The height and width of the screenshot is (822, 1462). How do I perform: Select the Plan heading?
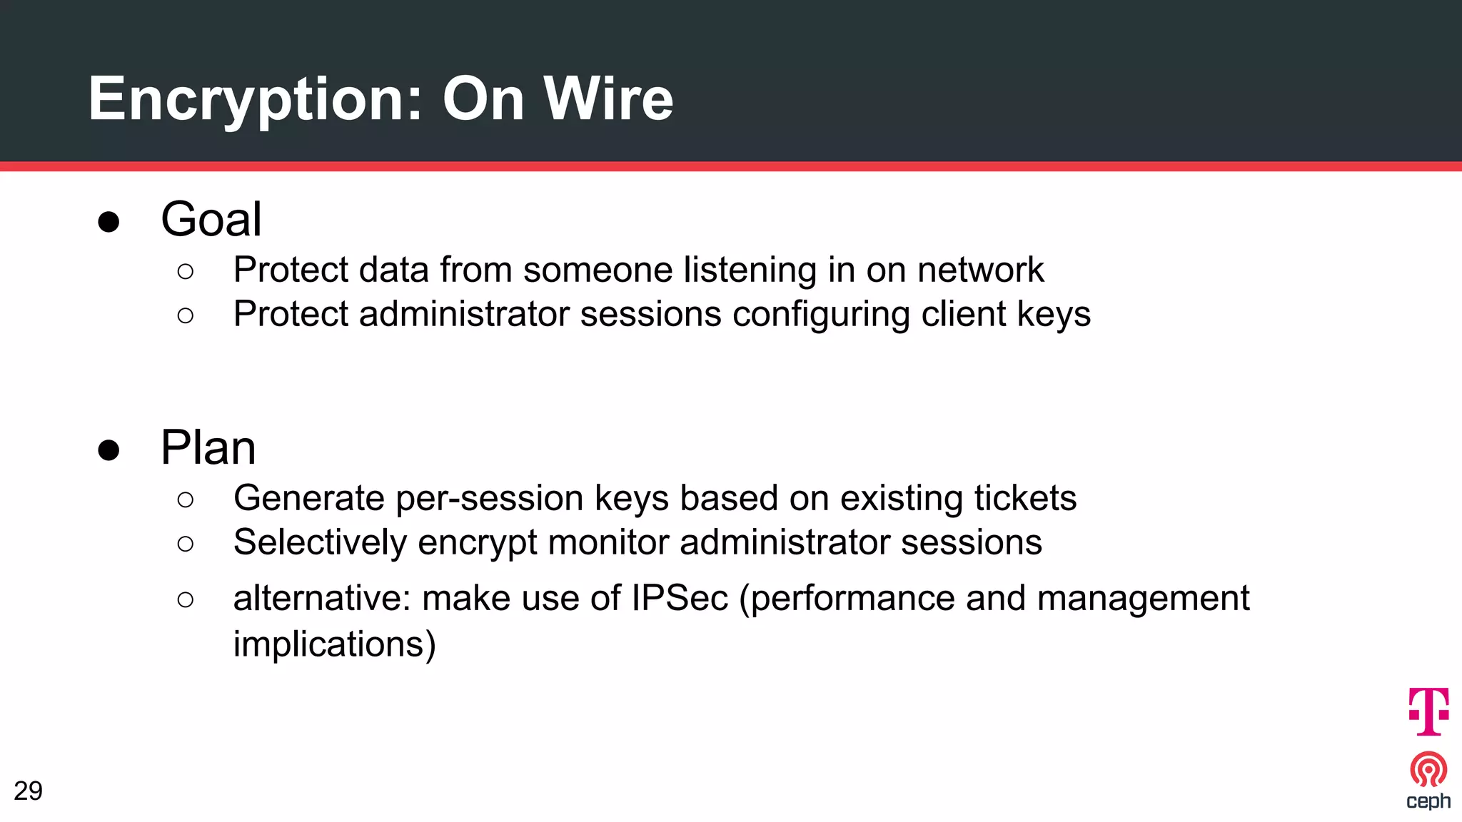point(208,447)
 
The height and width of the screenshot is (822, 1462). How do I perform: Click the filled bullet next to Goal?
point(109,222)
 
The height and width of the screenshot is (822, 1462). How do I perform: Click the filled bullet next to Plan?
point(109,450)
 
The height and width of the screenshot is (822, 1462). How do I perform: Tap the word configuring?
point(820,315)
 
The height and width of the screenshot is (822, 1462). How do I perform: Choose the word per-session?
point(489,498)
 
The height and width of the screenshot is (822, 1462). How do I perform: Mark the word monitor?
point(608,542)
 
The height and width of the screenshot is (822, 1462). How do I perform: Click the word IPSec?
point(680,598)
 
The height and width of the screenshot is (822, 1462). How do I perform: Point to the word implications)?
point(334,644)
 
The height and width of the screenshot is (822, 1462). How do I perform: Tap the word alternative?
point(322,598)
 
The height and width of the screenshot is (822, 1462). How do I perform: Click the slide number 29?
point(28,791)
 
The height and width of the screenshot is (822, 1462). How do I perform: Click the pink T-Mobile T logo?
point(1428,711)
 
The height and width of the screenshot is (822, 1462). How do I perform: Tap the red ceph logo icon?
point(1428,769)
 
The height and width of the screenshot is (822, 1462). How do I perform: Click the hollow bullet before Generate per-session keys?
point(185,499)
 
